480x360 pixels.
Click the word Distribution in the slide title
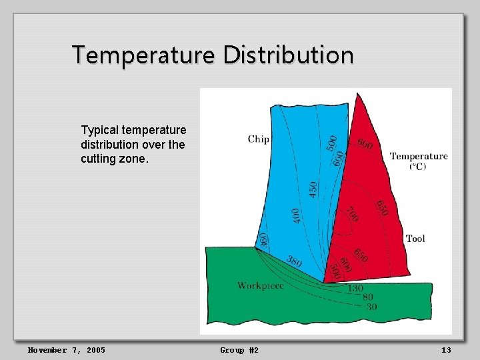click(x=288, y=55)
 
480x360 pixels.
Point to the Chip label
click(x=259, y=139)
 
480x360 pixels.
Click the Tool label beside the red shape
click(x=415, y=239)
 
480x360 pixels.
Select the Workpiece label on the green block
click(x=261, y=285)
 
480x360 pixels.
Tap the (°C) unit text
click(x=418, y=166)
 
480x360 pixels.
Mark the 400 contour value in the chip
click(x=296, y=215)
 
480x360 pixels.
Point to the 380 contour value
click(x=294, y=261)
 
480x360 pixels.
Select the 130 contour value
click(x=355, y=289)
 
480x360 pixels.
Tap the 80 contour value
click(x=367, y=297)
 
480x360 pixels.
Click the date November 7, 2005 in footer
click(x=66, y=350)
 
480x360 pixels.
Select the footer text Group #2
click(x=239, y=350)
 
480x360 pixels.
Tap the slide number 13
click(x=447, y=350)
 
